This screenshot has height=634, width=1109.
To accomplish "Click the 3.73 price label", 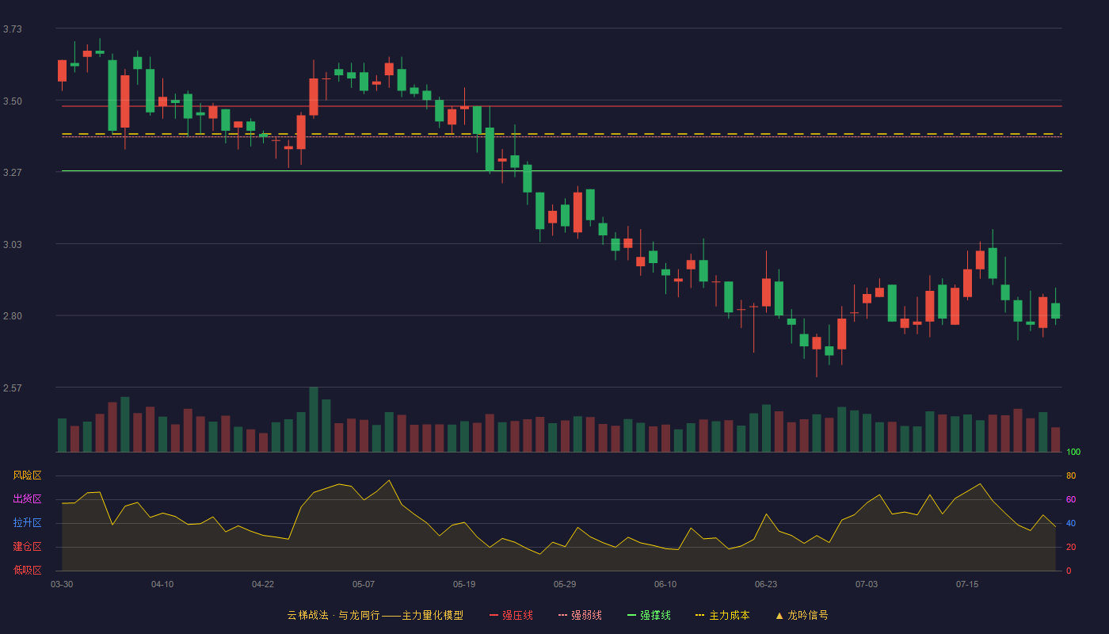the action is (13, 29).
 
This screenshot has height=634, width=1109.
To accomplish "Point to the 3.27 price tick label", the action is (13, 173).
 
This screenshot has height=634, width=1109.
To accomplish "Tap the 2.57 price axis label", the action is (13, 388).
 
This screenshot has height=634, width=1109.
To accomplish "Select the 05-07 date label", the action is (364, 585).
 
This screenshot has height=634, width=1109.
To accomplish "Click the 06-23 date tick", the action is (766, 585).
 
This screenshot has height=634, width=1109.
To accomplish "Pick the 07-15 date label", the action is (967, 585).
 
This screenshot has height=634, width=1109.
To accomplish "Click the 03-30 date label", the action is (62, 585).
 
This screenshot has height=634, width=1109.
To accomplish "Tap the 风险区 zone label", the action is (27, 475).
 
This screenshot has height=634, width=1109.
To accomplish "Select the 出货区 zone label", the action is (27, 498).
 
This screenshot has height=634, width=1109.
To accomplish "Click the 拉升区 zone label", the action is (27, 522).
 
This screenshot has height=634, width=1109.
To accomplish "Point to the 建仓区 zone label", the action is (27, 546).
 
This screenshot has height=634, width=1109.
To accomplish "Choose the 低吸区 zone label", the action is (27, 570).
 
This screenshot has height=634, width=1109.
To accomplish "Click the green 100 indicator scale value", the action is (1073, 452).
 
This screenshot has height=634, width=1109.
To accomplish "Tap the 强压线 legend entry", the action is (511, 615).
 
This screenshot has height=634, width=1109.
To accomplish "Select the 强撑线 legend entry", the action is (649, 615).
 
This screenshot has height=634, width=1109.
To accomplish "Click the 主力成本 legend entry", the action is (722, 615).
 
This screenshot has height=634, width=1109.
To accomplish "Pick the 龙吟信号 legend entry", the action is (802, 615).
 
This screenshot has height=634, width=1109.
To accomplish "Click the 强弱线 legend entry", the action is (580, 615).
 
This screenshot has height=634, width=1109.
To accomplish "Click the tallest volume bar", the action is (314, 419).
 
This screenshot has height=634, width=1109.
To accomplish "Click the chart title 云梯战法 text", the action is (307, 615).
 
